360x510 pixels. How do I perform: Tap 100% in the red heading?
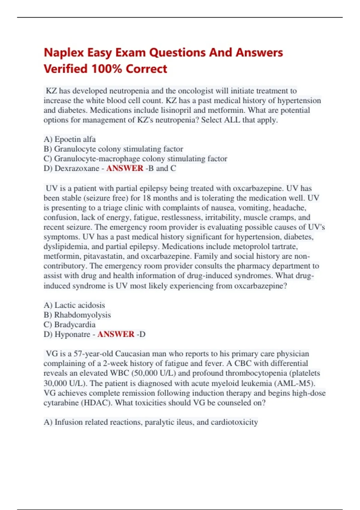tap(106, 69)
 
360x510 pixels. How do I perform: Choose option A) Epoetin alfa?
tap(70, 139)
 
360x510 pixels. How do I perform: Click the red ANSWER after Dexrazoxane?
tap(125, 168)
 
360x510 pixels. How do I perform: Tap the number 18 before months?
tap(147, 198)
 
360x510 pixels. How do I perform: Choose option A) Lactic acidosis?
tap(74, 305)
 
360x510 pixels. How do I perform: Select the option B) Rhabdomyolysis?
tap(77, 315)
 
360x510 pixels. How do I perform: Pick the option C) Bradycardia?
tap(70, 325)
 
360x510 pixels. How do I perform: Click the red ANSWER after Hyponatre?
tap(116, 334)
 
